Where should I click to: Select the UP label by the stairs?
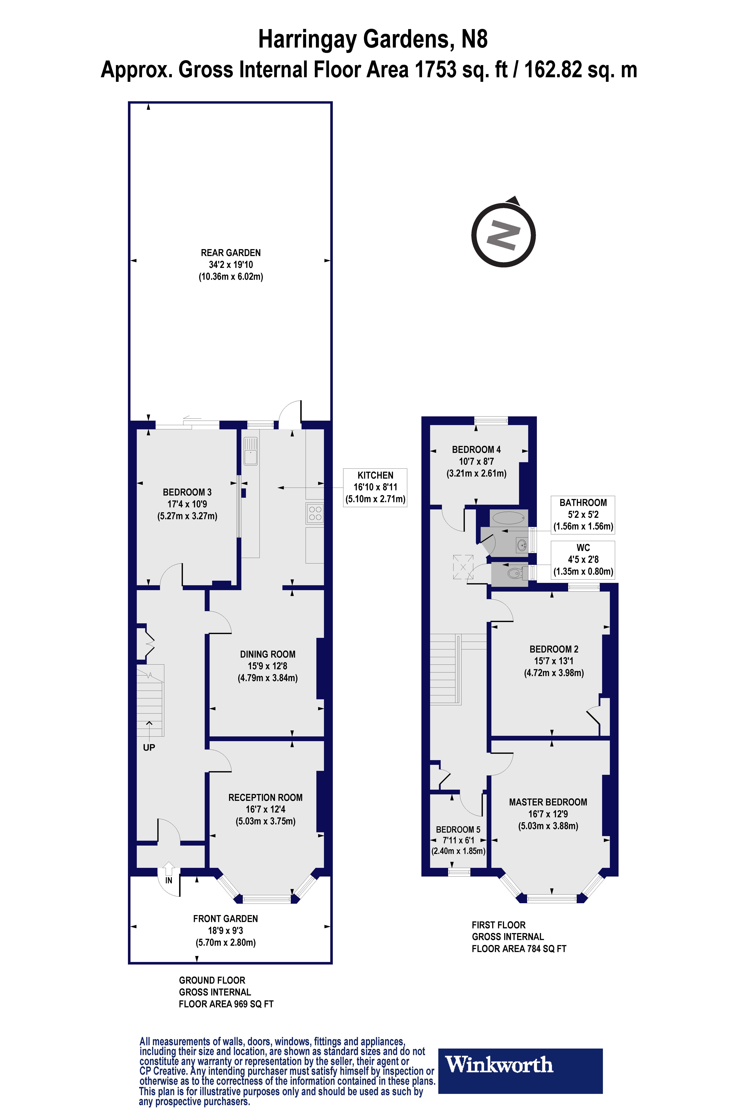(x=149, y=747)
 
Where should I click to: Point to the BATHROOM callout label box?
(x=583, y=514)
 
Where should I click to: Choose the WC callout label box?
(x=583, y=559)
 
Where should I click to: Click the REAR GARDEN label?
(x=231, y=253)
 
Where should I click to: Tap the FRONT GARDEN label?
(x=226, y=919)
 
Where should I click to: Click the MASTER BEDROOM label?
(x=548, y=802)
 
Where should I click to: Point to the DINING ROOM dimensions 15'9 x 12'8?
(x=267, y=666)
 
